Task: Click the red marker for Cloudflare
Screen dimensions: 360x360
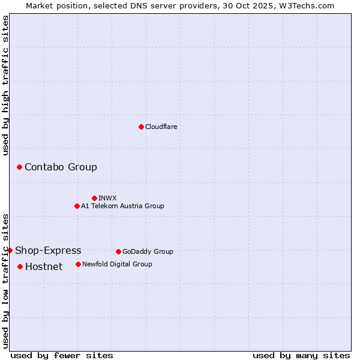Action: point(141,127)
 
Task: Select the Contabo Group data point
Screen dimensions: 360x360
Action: point(20,167)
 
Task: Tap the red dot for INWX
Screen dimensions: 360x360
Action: point(94,198)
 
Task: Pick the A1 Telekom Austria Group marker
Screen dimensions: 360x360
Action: point(77,206)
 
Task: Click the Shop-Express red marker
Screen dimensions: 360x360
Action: point(10,250)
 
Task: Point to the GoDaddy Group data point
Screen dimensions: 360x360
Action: point(118,251)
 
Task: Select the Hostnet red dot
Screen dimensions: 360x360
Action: point(20,266)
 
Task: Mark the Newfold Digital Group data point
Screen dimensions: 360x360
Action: point(78,264)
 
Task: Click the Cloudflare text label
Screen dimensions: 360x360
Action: point(161,127)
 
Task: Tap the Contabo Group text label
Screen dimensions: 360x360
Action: point(61,167)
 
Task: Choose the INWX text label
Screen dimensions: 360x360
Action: point(107,198)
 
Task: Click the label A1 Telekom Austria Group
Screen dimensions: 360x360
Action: point(122,206)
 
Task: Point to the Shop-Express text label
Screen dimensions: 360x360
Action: point(48,250)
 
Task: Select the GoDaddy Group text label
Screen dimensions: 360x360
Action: point(148,251)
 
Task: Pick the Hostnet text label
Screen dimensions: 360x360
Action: point(44,266)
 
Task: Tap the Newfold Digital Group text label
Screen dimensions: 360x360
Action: point(117,264)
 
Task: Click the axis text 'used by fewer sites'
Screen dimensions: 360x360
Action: point(62,355)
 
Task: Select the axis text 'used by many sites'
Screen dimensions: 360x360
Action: point(301,355)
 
